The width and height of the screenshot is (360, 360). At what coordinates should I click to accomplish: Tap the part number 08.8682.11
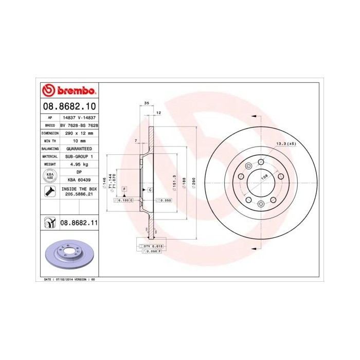coord(79,223)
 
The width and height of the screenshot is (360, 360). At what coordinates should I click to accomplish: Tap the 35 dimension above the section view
coord(147,103)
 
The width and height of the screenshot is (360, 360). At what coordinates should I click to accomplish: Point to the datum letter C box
coord(150,190)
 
